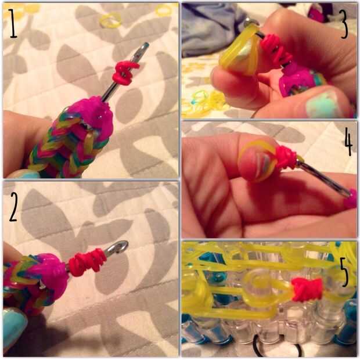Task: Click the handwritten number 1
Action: (13, 23)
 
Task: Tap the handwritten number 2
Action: (13, 207)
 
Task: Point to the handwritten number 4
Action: (348, 142)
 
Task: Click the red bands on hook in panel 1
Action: (124, 71)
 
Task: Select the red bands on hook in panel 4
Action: (286, 157)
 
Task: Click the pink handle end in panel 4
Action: (351, 199)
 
